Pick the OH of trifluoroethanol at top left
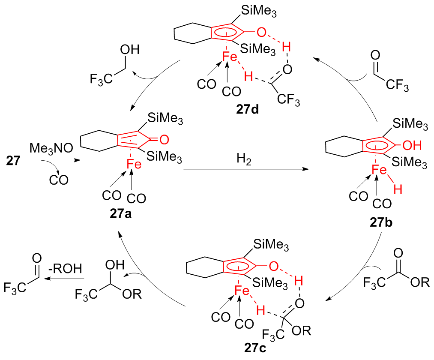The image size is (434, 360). click(130, 50)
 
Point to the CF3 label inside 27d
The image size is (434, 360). click(287, 101)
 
